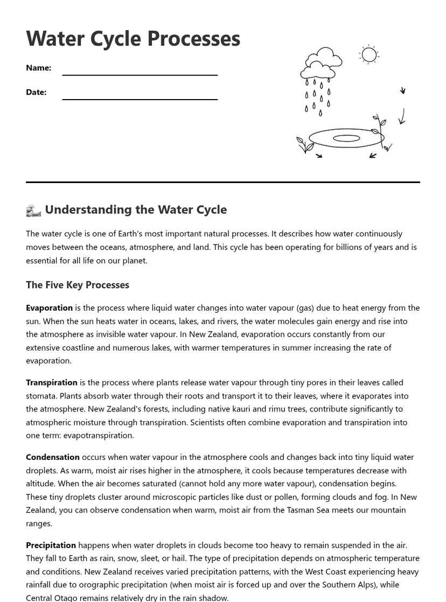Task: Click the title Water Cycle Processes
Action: pos(133,38)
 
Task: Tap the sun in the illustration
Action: pos(369,54)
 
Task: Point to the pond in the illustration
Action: pos(346,138)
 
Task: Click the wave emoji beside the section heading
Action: pos(33,210)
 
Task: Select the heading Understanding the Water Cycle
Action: pos(135,209)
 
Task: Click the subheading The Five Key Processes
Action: pos(78,285)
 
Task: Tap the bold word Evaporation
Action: pos(49,307)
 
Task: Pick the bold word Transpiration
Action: pos(52,382)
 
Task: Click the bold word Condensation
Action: pos(53,457)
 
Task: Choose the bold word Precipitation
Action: pos(51,545)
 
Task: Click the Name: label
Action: pos(38,68)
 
